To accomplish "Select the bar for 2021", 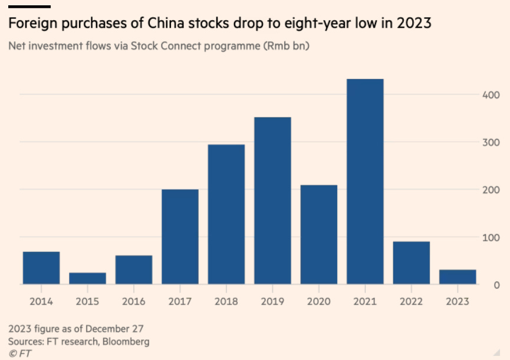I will pos(365,182).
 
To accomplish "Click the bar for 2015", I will pos(87,278).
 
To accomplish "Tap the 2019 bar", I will pos(272,201).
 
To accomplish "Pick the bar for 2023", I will pos(458,277).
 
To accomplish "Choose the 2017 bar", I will pos(180,237).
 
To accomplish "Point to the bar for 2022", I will pos(412,263).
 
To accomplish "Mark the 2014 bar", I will pos(41,268).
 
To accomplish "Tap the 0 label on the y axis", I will pos(498,285).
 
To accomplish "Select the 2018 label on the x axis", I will pos(226,301).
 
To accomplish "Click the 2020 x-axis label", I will pos(319,301).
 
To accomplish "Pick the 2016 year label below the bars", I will pos(134,301).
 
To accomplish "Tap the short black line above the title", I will pos(29,6).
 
